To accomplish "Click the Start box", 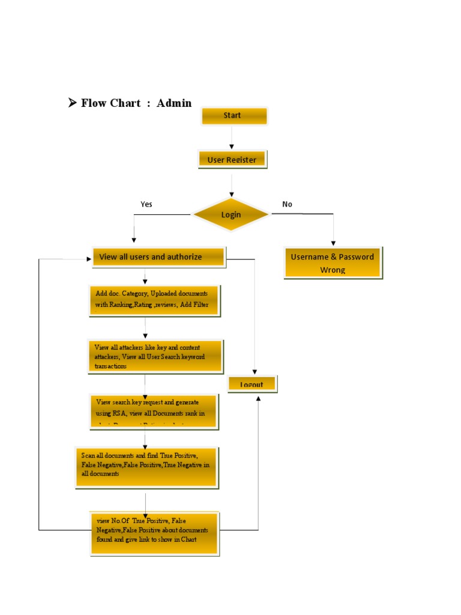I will (234, 116).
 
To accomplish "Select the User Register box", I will (232, 160).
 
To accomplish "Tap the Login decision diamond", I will (231, 214).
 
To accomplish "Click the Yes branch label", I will (146, 204).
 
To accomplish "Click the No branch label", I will (287, 204).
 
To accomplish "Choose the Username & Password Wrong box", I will (333, 263).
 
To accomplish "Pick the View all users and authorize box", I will (158, 257).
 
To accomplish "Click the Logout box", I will (252, 384).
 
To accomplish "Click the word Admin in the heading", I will (174, 103).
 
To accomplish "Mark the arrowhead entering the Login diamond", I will (231, 194).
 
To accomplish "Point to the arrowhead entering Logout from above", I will (255, 372).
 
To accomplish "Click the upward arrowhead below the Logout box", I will (259, 398).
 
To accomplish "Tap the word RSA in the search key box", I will (120, 413).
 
